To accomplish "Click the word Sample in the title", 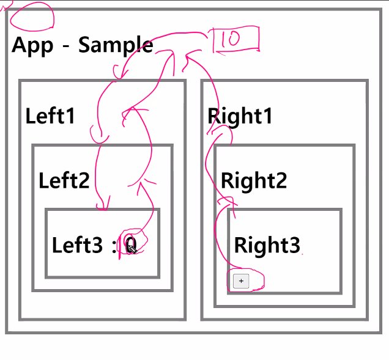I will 116,45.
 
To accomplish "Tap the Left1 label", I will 50,116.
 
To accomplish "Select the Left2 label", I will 64,180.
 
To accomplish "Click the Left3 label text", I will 77,245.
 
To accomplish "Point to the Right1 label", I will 240,116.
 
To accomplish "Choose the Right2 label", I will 253,180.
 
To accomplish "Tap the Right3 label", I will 267,245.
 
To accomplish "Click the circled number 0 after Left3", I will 130,245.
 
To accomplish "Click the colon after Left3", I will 114,246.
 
